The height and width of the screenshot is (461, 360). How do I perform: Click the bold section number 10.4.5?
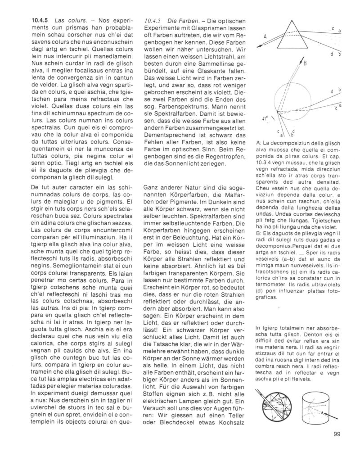click(40, 21)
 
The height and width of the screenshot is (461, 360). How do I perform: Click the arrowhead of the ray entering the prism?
click(259, 46)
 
